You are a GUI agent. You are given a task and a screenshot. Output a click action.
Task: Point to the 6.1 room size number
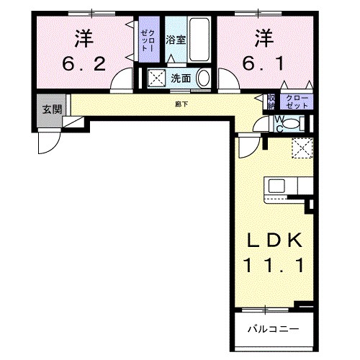(x=264, y=64)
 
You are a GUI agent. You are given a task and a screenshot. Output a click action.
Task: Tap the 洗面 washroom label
(x=179, y=78)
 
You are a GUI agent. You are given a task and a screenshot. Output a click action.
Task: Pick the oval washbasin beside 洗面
(x=204, y=78)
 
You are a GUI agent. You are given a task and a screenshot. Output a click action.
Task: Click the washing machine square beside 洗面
(x=156, y=77)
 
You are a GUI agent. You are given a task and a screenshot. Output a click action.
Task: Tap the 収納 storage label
(x=271, y=102)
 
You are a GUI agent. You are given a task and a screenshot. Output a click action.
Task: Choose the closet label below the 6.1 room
(x=296, y=102)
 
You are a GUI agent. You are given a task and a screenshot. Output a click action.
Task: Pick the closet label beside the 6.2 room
(x=147, y=40)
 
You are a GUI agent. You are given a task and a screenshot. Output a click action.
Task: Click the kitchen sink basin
(x=277, y=185)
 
